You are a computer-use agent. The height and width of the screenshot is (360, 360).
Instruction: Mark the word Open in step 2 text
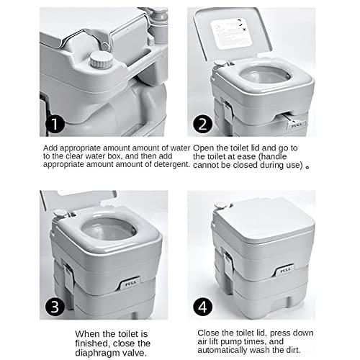click(205, 147)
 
